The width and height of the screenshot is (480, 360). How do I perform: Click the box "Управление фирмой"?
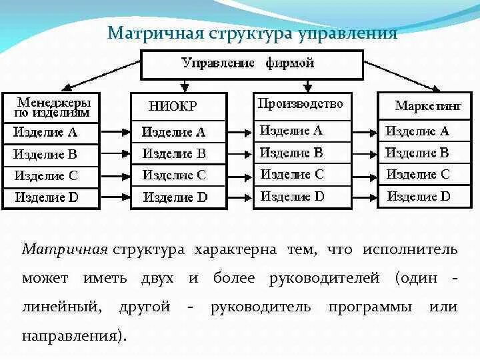(x=247, y=64)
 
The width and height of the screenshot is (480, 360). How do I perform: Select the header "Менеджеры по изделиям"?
(x=53, y=106)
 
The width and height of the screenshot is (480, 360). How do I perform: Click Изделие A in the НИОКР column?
(x=174, y=131)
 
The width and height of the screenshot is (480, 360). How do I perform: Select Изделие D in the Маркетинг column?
(x=419, y=197)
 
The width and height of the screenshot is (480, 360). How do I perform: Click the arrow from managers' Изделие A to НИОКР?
(x=115, y=131)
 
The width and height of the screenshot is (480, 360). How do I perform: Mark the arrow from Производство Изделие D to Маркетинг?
(x=364, y=197)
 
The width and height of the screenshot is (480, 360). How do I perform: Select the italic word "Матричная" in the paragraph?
(x=65, y=249)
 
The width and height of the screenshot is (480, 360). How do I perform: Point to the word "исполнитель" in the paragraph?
(x=410, y=249)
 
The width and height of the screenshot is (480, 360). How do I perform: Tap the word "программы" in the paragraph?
(x=368, y=307)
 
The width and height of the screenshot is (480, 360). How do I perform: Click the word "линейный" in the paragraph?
(x=61, y=307)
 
